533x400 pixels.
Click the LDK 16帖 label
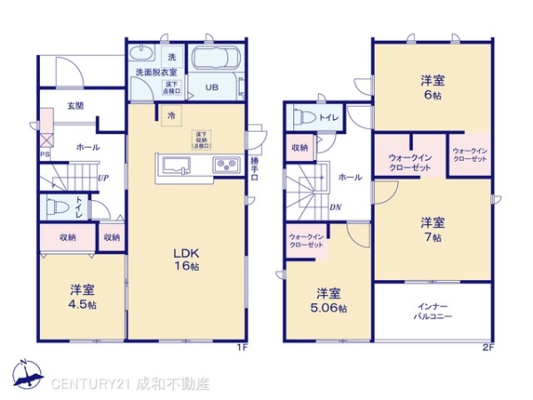click(186, 259)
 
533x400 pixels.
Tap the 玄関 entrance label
click(75, 106)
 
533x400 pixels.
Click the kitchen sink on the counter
click(174, 165)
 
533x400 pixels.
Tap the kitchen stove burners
click(224, 164)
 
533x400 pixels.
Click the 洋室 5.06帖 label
click(328, 300)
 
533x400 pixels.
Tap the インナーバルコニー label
click(433, 310)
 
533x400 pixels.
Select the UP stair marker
click(104, 177)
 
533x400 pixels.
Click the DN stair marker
click(336, 208)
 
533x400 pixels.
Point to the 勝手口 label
click(256, 169)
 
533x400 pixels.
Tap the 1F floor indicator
click(242, 347)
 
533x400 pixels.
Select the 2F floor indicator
click(487, 347)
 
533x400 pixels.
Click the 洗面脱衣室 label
click(155, 71)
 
